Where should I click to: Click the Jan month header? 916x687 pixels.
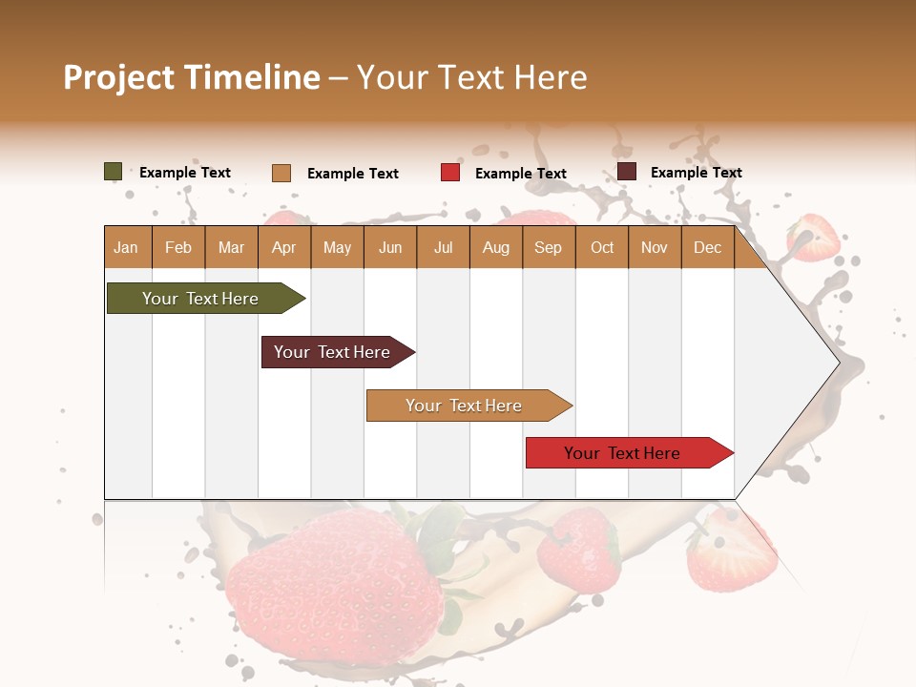tap(126, 247)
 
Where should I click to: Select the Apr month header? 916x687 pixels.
tap(283, 247)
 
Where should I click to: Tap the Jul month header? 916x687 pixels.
tap(443, 247)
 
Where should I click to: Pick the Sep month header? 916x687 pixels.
tap(548, 247)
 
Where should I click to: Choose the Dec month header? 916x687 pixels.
tap(707, 247)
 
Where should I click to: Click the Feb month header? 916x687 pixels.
tap(178, 247)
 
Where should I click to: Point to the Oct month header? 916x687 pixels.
tap(602, 247)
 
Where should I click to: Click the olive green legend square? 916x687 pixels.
tap(113, 172)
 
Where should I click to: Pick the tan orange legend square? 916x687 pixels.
tap(281, 173)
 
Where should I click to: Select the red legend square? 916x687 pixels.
tap(449, 173)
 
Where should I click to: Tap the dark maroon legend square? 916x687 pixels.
tap(626, 172)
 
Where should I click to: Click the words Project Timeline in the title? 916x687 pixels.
tap(192, 77)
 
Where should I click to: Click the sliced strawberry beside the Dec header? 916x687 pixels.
tap(814, 237)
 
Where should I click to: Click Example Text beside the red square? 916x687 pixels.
tap(520, 174)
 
